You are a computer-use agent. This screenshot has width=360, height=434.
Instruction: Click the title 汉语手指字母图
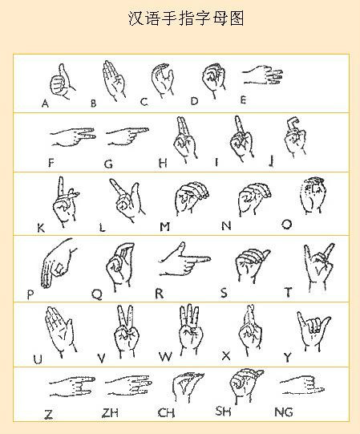(x=186, y=18)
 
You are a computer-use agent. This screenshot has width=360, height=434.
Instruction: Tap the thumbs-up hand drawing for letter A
(x=63, y=81)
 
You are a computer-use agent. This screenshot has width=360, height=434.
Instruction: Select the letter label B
(x=94, y=103)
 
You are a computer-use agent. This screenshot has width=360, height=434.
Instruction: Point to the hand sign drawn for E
(x=263, y=75)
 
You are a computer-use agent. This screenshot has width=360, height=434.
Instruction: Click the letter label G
(x=108, y=164)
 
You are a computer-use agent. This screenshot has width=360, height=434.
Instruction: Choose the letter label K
(x=41, y=228)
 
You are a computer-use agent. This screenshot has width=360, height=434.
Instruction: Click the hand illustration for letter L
(x=127, y=200)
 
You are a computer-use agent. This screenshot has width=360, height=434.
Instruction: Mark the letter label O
(x=287, y=224)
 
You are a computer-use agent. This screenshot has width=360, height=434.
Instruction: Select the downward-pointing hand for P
(x=59, y=263)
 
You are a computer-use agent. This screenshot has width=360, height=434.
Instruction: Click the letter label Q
(x=97, y=294)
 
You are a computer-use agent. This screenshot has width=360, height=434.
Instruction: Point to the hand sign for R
(x=184, y=259)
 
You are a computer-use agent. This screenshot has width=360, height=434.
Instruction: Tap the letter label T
(x=288, y=292)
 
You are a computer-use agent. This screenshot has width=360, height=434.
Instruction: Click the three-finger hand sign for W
(x=191, y=330)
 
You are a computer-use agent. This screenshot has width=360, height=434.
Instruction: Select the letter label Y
(x=288, y=358)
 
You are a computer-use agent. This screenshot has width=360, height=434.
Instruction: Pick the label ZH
(x=110, y=413)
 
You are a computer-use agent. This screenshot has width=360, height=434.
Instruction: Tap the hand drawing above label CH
(x=188, y=387)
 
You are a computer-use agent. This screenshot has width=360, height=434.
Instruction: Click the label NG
(x=284, y=412)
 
